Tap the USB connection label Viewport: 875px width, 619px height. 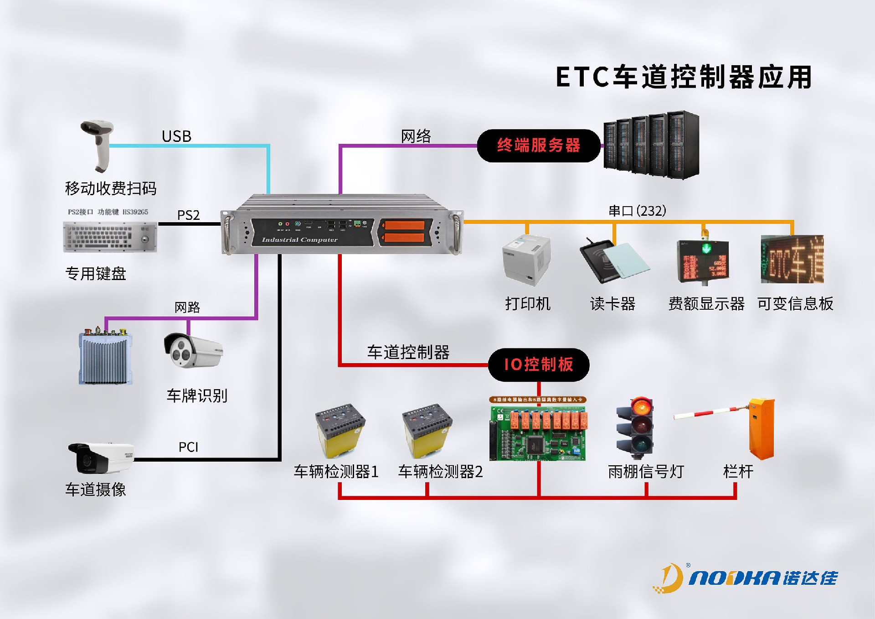tap(176, 136)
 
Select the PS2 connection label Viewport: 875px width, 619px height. tap(188, 215)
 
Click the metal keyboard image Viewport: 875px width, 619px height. tap(110, 237)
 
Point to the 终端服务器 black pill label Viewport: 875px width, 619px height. tap(538, 146)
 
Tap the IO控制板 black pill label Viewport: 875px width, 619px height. tap(538, 364)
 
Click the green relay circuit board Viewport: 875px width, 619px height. tap(538, 431)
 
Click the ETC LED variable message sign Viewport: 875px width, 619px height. tap(792, 259)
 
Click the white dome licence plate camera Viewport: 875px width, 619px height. tap(193, 351)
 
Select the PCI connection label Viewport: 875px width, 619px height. tap(188, 447)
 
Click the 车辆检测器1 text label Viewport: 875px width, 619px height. tap(336, 472)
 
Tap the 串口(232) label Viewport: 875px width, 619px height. tap(637, 211)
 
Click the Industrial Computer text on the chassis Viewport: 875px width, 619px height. tap(299, 239)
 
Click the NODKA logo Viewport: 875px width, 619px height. tap(745, 578)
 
